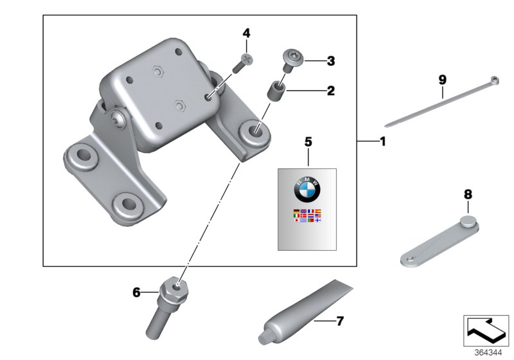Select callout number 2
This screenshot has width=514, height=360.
tap(330, 91)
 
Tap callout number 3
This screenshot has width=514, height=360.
tap(330, 62)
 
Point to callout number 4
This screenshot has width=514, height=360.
tap(247, 33)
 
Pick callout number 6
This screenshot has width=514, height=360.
tap(136, 292)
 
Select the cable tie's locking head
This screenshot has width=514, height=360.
tap(495, 81)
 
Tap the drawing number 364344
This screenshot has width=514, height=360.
tap(490, 352)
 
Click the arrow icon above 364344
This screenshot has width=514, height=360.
tap(487, 329)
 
